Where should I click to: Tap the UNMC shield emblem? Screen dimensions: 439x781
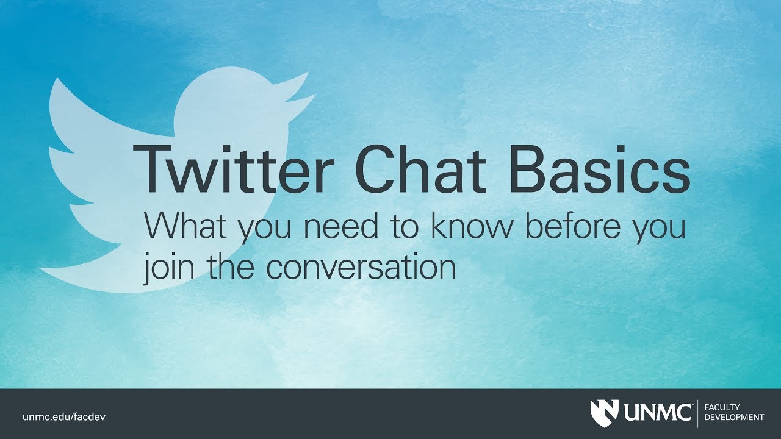point(604,413)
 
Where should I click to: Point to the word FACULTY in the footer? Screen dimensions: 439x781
point(722,407)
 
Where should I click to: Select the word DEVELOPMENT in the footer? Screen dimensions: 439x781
point(734,418)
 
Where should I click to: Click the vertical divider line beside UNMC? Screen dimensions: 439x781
point(697,413)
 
